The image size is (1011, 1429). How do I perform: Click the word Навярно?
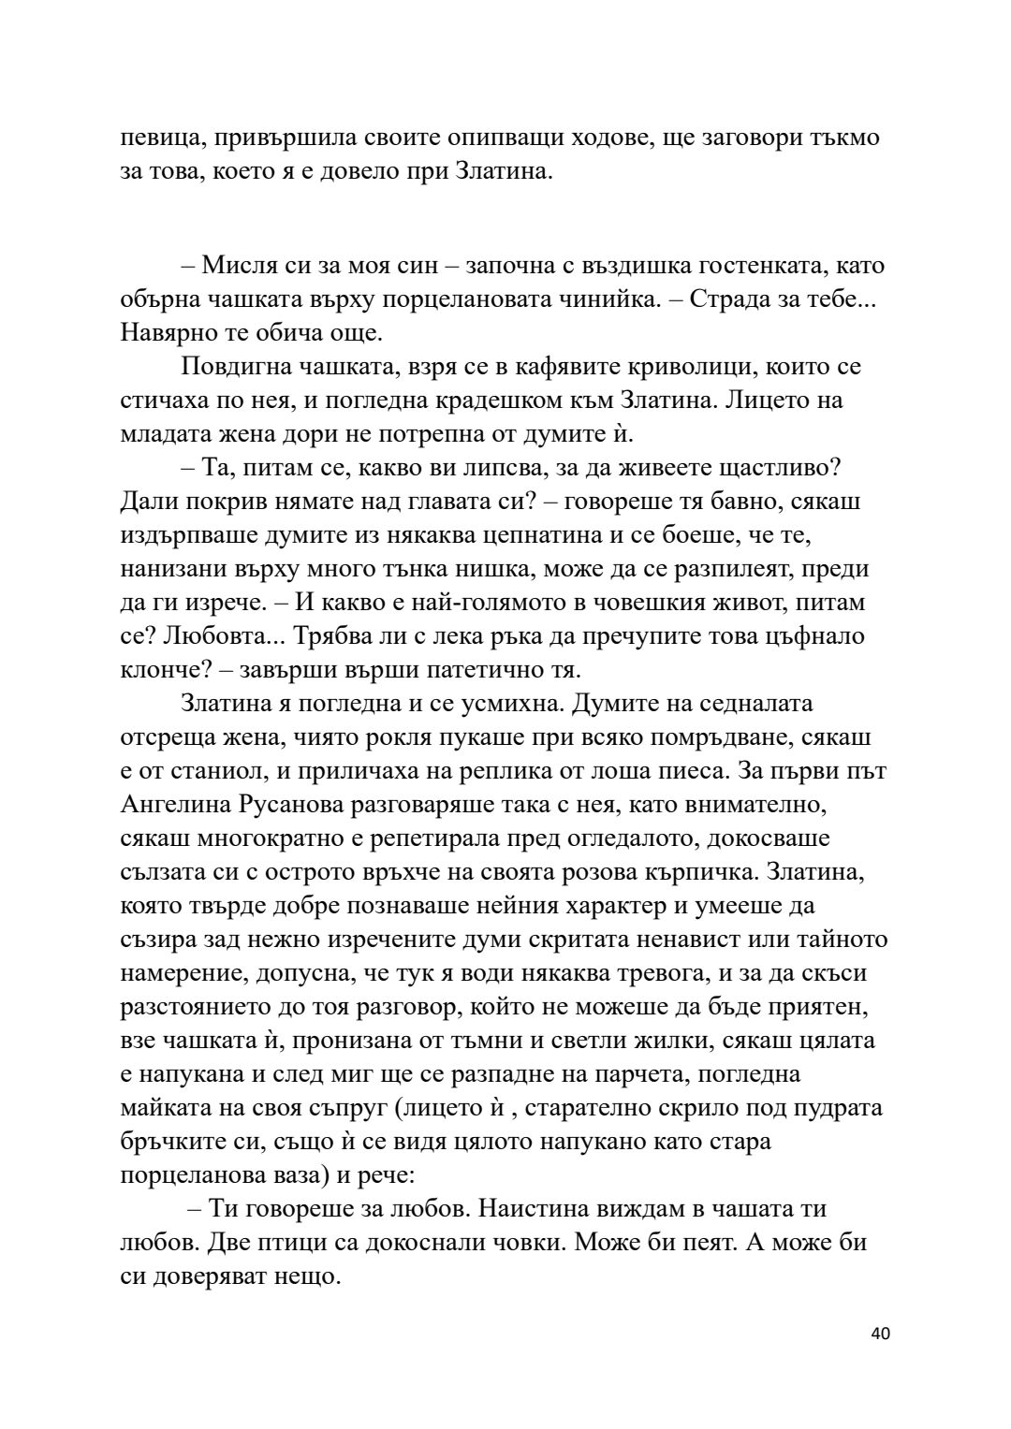[x=168, y=332]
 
